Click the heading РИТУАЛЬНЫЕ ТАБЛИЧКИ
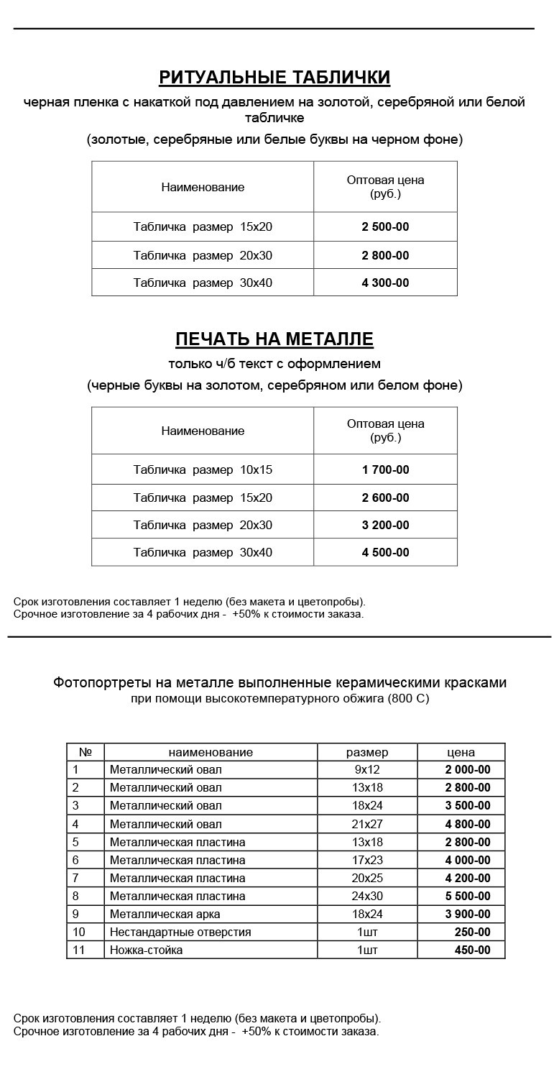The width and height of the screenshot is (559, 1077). point(274,78)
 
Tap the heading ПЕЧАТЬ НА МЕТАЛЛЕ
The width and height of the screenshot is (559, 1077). point(274,339)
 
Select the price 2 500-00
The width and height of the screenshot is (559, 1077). point(385,227)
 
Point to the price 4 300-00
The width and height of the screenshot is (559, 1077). point(385,283)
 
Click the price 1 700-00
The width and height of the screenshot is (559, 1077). point(385,470)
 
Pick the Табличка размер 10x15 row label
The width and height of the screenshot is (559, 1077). point(203,470)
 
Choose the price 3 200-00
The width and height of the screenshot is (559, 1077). point(385,526)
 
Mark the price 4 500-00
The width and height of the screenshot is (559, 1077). point(385,553)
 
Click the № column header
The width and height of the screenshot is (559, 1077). point(86,753)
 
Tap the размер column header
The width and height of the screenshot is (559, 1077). point(366,753)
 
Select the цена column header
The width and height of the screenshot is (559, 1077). point(461,753)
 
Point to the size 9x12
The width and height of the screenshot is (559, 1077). point(366,770)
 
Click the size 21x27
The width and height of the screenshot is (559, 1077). point(366,825)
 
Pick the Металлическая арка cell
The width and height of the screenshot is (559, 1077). point(165,915)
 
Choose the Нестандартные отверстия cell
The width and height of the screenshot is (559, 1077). point(180,932)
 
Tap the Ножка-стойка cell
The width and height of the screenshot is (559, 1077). point(147,950)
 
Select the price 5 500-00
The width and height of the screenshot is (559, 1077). point(467,897)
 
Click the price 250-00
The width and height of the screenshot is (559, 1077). point(472,932)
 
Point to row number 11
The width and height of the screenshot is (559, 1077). point(79,950)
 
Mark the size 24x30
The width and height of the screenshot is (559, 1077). point(366,897)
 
